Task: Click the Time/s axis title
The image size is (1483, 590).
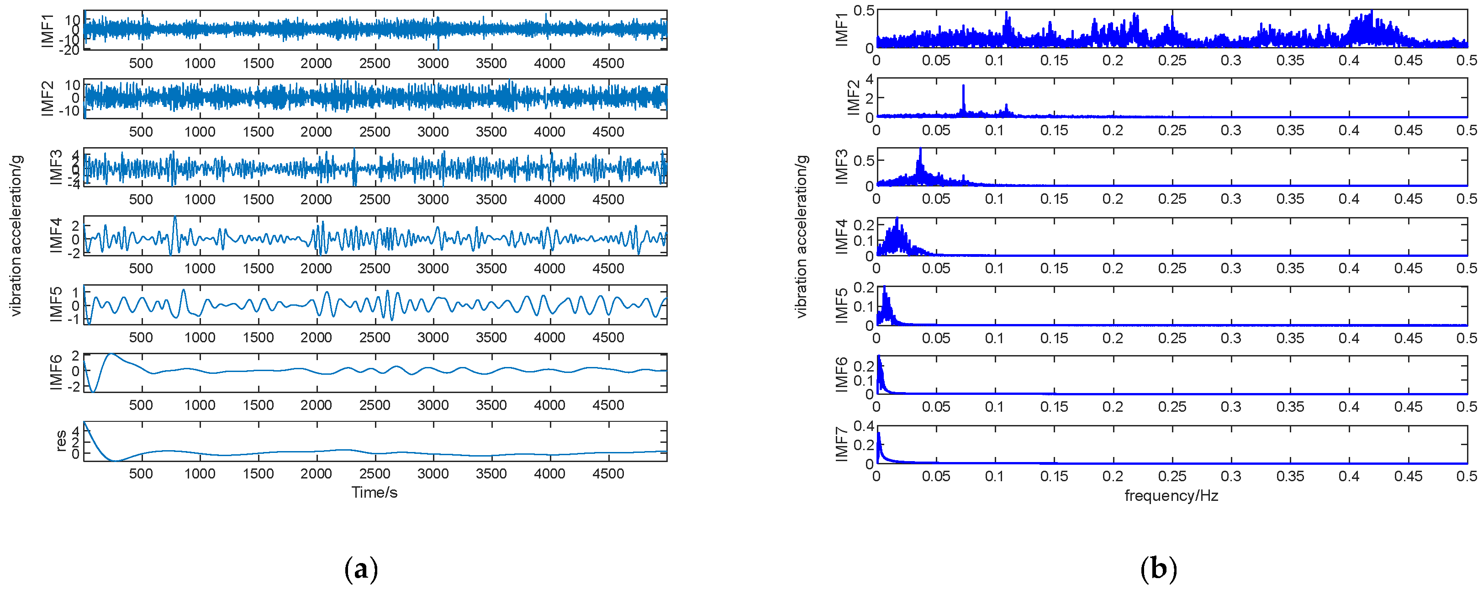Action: pyautogui.click(x=374, y=492)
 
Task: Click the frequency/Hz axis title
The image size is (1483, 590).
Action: pyautogui.click(x=1171, y=495)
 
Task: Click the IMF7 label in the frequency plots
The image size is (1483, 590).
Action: pyautogui.click(x=842, y=444)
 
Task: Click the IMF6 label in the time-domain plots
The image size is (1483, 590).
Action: pyautogui.click(x=56, y=373)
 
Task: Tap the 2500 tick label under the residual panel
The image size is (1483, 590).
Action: pyautogui.click(x=374, y=473)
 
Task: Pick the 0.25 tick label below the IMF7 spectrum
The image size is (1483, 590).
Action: pyautogui.click(x=1172, y=476)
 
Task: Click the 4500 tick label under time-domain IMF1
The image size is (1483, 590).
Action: pyautogui.click(x=608, y=64)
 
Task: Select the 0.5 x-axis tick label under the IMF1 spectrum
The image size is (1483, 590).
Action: pyautogui.click(x=1466, y=60)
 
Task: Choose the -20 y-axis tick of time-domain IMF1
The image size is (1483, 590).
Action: pyautogui.click(x=71, y=50)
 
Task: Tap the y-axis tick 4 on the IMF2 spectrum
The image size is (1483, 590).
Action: pyautogui.click(x=869, y=79)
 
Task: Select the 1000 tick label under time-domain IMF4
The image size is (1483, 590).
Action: pyautogui.click(x=199, y=269)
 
